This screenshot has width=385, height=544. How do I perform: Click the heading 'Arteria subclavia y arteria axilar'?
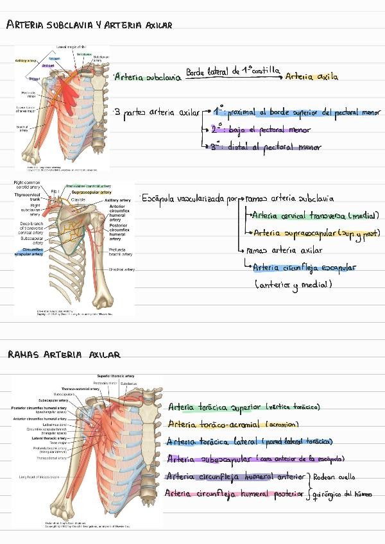pyautogui.click(x=89, y=26)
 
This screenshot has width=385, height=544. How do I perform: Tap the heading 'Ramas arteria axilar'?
pyautogui.click(x=64, y=354)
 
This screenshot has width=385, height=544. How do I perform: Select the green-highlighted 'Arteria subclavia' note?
pyautogui.click(x=145, y=77)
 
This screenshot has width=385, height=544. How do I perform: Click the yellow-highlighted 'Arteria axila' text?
pyautogui.click(x=312, y=77)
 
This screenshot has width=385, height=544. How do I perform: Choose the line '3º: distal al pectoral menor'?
pyautogui.click(x=267, y=147)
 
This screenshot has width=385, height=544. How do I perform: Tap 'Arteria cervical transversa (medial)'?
pyautogui.click(x=315, y=216)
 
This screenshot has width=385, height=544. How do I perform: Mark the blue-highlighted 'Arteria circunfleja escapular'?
pyautogui.click(x=304, y=268)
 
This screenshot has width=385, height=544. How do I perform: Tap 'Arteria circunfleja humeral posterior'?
pyautogui.click(x=234, y=493)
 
